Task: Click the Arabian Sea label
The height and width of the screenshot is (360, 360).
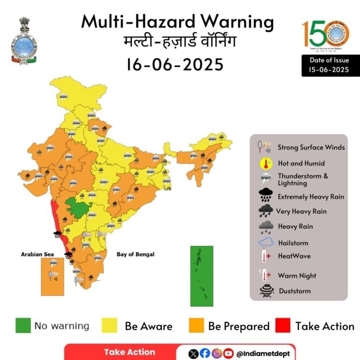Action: (x=35, y=254)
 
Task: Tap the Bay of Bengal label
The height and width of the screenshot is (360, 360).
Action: (x=135, y=254)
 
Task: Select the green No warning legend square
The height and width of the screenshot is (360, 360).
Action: (x=23, y=326)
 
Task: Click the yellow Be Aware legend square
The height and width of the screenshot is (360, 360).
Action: (x=109, y=326)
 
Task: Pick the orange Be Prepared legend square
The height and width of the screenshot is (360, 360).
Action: (x=196, y=326)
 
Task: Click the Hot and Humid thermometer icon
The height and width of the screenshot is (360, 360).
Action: (x=266, y=164)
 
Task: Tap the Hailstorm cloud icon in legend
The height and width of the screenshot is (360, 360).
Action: (x=266, y=242)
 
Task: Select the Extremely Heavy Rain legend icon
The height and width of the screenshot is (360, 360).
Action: (x=266, y=195)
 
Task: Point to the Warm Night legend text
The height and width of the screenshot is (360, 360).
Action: (x=297, y=276)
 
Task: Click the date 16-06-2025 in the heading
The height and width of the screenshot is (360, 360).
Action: (x=174, y=64)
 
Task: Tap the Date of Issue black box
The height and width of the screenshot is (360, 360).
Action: (x=330, y=65)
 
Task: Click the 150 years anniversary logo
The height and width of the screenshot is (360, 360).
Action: (x=325, y=35)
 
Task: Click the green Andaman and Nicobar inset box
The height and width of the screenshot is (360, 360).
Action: (x=202, y=276)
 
